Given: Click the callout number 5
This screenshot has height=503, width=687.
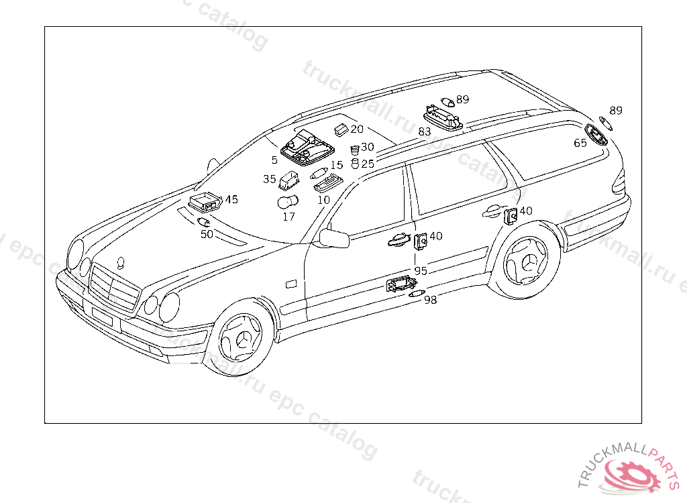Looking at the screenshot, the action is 274,160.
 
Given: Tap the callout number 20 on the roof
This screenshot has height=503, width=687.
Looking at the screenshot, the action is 356,129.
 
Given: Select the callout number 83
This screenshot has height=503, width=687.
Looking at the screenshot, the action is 425,132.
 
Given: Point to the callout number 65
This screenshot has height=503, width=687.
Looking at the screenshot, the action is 580,143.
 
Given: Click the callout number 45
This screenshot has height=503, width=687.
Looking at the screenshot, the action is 231,199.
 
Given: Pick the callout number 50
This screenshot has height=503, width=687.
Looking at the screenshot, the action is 207,234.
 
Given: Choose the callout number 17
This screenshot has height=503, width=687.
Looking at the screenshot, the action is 288,217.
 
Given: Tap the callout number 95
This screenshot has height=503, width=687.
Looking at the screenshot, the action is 421,271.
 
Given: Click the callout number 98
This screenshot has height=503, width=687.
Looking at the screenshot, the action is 430,300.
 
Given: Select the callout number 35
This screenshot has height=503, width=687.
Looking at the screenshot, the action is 270,179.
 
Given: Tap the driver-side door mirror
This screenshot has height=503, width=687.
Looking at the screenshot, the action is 333,237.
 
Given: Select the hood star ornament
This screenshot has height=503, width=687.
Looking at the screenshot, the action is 121,262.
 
